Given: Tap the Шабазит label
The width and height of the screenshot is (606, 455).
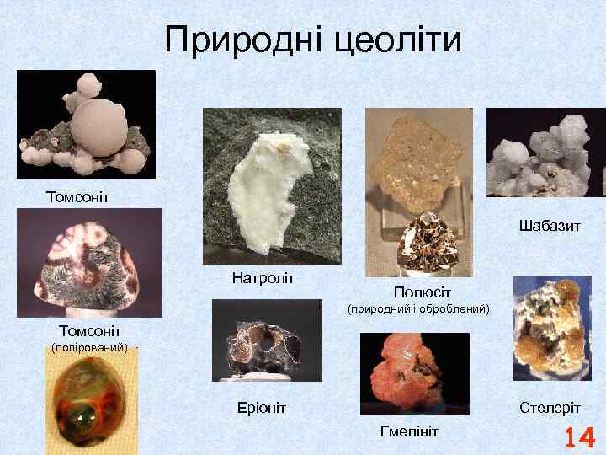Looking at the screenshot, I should pos(550,227).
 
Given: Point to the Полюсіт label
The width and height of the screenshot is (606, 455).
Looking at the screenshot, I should pos(418,292).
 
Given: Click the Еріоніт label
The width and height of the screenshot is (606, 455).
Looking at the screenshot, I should pos(261,408).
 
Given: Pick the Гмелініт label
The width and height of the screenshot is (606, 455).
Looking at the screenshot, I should pos(409,431).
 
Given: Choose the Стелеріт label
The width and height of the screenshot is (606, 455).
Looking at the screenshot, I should pos(550,408).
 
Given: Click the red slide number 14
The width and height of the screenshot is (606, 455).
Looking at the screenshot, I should pos(579,438).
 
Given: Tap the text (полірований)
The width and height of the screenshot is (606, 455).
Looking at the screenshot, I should pos(89,346).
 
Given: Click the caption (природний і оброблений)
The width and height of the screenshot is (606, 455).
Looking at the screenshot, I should pos(419,309).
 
